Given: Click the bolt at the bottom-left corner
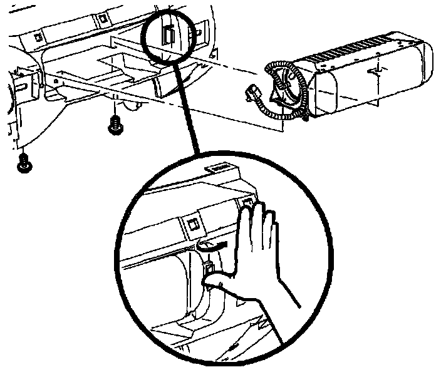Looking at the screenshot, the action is click(24, 163).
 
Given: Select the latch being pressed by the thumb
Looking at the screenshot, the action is click(210, 271).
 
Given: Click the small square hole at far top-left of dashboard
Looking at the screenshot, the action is click(38, 38).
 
